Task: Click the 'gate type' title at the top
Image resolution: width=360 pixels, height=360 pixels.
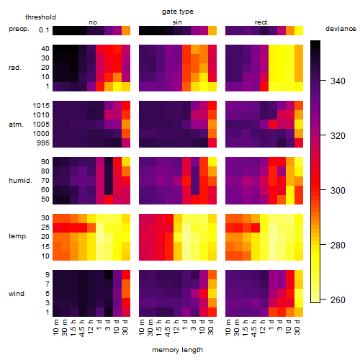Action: pyautogui.click(x=178, y=12)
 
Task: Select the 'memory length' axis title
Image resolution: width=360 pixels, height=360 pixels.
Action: pyautogui.click(x=177, y=350)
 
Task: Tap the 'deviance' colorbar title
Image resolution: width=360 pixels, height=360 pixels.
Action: pyautogui.click(x=341, y=29)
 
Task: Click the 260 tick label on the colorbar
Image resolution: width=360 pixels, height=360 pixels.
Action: pyautogui.click(x=338, y=300)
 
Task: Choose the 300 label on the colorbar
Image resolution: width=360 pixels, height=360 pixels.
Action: pyautogui.click(x=338, y=191)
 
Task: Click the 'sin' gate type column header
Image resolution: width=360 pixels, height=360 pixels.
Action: pyautogui.click(x=177, y=22)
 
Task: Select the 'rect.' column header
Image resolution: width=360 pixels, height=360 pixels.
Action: pyautogui.click(x=262, y=22)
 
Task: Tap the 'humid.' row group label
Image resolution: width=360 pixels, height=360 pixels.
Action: pyautogui.click(x=20, y=181)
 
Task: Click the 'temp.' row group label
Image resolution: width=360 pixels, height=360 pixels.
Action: pyautogui.click(x=18, y=236)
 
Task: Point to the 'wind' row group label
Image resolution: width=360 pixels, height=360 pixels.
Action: pyautogui.click(x=17, y=294)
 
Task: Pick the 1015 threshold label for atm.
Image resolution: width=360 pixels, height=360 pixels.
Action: pyautogui.click(x=41, y=106)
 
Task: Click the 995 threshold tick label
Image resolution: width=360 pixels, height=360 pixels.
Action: pyautogui.click(x=43, y=143)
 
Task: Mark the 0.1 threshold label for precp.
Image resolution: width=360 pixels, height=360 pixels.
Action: pyautogui.click(x=44, y=30)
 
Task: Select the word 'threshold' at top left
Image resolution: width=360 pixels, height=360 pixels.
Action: pyautogui.click(x=40, y=17)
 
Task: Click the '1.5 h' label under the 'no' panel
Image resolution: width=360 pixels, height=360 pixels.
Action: pyautogui.click(x=74, y=328)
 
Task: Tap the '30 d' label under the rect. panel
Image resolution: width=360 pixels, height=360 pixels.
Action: pyautogui.click(x=297, y=328)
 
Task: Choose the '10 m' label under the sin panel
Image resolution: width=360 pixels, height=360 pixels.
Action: pyautogui.click(x=142, y=328)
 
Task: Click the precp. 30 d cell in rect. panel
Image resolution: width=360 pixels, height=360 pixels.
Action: pyautogui.click(x=299, y=30)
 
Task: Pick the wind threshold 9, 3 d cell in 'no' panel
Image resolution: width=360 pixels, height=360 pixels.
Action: pyautogui.click(x=109, y=275)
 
